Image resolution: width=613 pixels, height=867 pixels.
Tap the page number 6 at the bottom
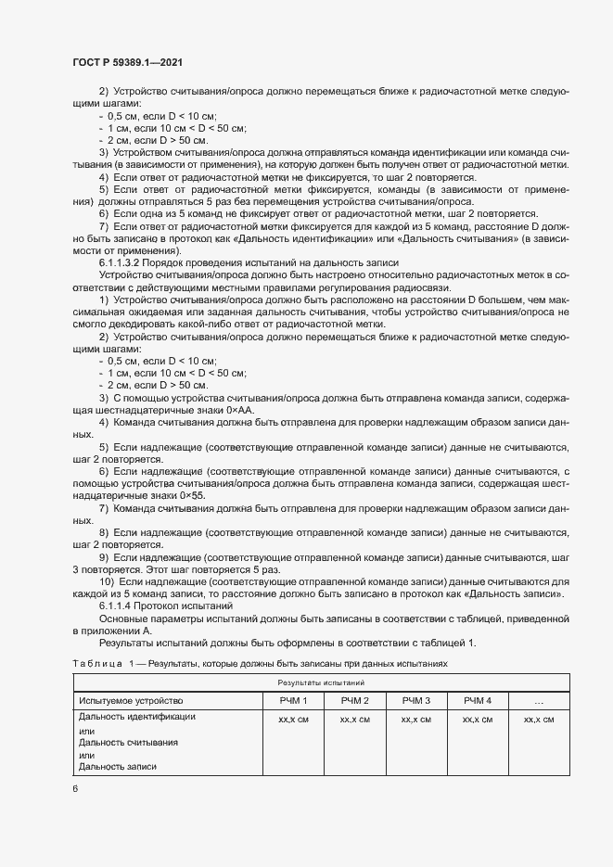click(74, 788)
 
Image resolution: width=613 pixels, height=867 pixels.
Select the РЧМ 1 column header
click(293, 700)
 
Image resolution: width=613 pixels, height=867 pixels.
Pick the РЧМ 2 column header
click(354, 700)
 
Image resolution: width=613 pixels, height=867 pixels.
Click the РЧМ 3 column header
click(415, 700)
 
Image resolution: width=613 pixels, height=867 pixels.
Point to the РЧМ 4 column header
click(477, 700)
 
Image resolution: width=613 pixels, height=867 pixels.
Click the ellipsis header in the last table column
click(539, 701)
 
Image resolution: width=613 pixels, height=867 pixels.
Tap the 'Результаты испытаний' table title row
click(322, 682)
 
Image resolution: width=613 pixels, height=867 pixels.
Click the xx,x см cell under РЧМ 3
click(415, 719)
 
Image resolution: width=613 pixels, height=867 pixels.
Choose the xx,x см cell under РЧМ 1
click(293, 719)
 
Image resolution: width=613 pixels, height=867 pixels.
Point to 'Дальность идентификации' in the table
click(137, 717)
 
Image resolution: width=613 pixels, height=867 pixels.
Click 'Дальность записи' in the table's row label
click(118, 767)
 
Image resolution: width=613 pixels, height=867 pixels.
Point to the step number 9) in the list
click(104, 556)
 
